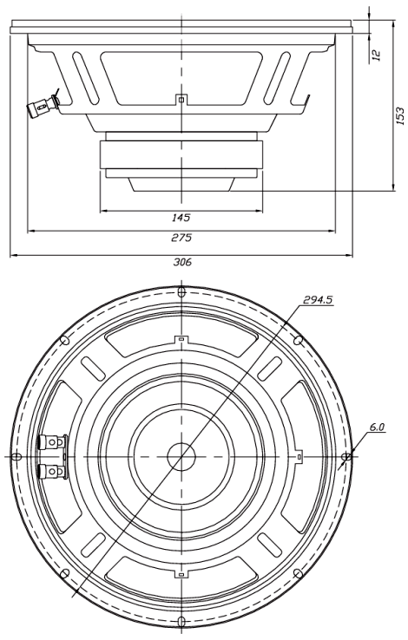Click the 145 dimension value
[x=181, y=218]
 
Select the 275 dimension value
[x=181, y=237]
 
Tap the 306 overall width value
[x=182, y=262]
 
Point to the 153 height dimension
[x=400, y=115]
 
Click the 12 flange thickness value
[x=377, y=56]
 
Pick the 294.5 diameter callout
[x=318, y=300]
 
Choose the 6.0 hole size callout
[x=377, y=428]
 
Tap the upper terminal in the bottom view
[x=52, y=441]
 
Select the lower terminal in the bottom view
[x=52, y=472]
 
